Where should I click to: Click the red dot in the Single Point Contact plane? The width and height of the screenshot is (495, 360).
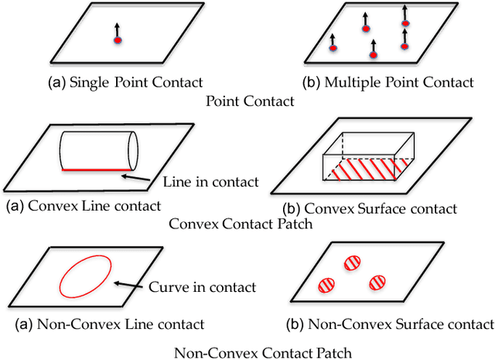[118, 39]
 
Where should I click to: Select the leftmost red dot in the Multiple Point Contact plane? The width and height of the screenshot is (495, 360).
[333, 48]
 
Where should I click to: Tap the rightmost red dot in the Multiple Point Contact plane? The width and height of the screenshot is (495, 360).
[404, 45]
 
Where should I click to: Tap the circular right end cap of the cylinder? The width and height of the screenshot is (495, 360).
[132, 150]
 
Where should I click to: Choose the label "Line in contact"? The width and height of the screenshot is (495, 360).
[210, 183]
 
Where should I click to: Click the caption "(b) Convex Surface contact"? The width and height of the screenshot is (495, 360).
[381, 208]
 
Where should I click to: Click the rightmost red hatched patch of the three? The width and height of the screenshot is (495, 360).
[378, 282]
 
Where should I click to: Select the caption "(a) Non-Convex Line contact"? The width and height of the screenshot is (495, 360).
[105, 324]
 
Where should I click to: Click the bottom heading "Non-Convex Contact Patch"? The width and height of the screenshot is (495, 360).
[262, 352]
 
